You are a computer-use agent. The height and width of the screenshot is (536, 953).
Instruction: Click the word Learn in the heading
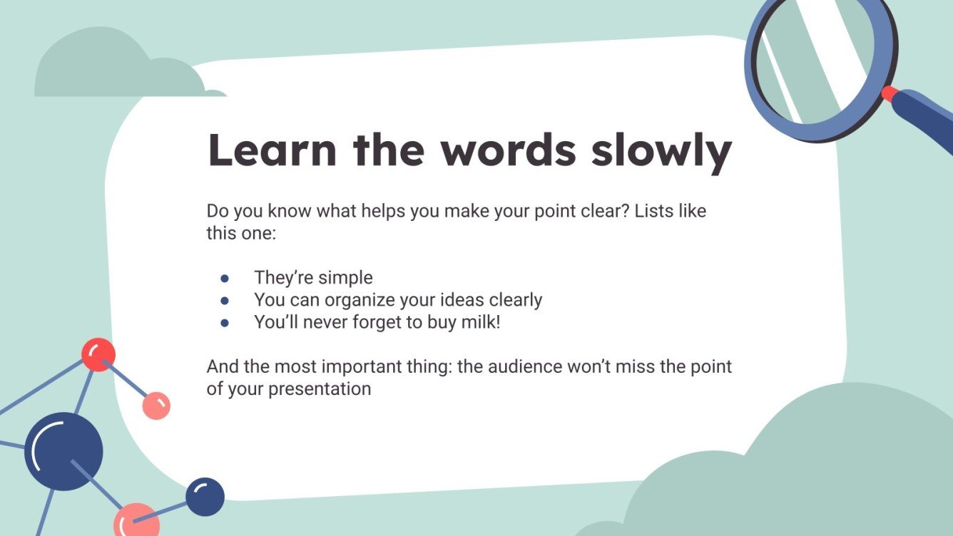point(272,150)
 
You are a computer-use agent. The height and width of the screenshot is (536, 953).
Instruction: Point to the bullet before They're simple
point(225,278)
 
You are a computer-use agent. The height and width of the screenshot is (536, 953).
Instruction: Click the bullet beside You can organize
point(225,300)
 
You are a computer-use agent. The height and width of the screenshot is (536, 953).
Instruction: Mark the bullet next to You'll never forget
point(225,322)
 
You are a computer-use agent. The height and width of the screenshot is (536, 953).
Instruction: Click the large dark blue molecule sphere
point(63,451)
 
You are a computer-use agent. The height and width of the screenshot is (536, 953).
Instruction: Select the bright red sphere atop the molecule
point(98,354)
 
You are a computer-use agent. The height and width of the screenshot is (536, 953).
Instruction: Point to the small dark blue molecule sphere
point(205,496)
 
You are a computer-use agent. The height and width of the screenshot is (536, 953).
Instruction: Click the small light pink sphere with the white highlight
point(156,406)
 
